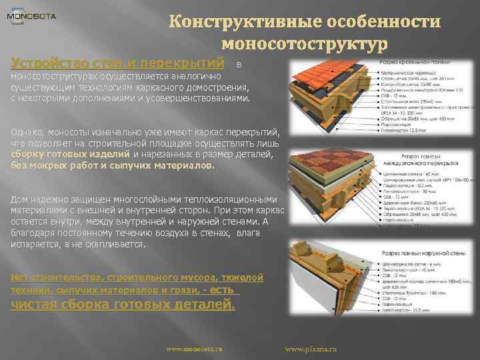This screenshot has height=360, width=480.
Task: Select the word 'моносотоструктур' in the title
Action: [304, 45]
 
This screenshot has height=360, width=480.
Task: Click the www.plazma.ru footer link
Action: [311, 349]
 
